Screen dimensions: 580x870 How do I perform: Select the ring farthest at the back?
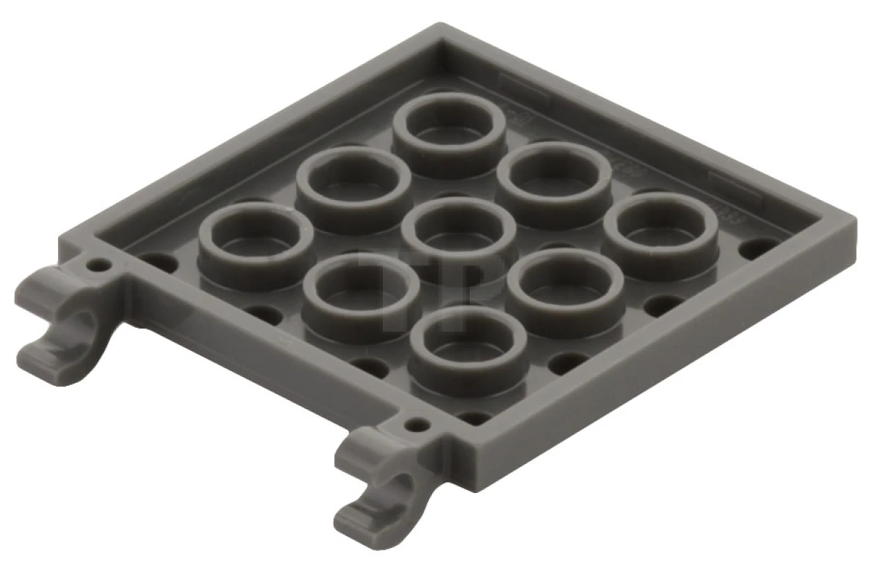(449, 131)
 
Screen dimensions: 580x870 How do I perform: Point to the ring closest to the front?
(468, 348)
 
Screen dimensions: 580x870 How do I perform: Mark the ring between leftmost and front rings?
(360, 297)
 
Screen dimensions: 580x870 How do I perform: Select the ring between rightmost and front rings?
(565, 288)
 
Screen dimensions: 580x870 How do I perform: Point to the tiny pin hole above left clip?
(96, 265)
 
